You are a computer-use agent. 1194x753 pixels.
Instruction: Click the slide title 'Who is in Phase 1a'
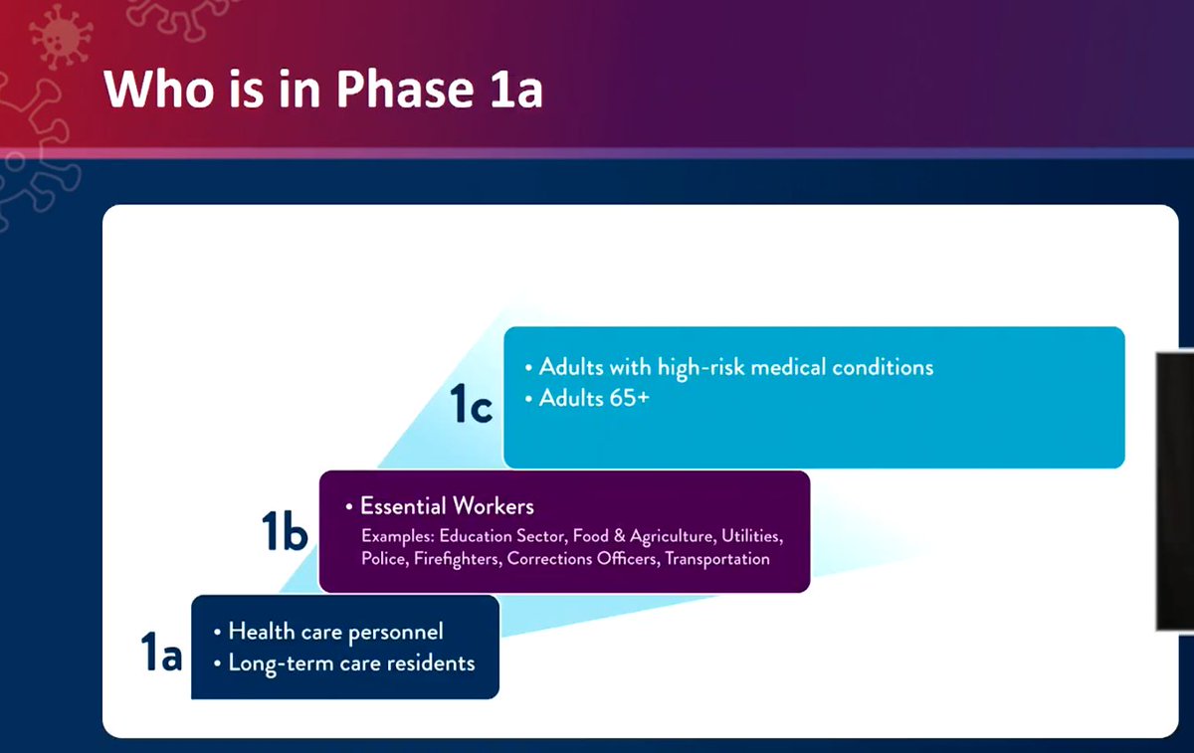(x=322, y=89)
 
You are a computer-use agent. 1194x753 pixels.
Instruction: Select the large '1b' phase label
(x=284, y=532)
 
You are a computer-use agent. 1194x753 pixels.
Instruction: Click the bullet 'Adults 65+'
(x=593, y=399)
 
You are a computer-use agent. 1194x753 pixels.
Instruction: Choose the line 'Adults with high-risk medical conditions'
(x=735, y=367)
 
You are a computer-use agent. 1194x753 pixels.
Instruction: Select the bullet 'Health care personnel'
(x=335, y=632)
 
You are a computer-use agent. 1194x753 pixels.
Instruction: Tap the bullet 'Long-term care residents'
(x=351, y=662)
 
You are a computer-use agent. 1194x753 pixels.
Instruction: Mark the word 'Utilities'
(x=751, y=536)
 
